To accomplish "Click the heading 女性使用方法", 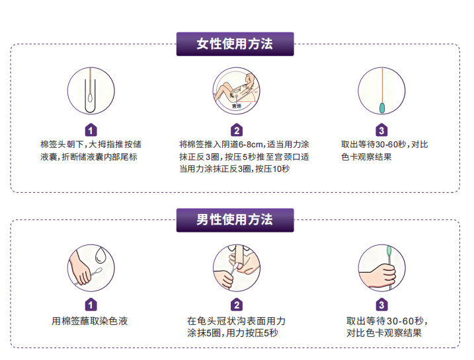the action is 235,44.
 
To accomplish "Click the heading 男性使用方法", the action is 235,220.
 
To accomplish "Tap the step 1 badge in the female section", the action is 91,130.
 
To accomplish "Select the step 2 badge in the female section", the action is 237,130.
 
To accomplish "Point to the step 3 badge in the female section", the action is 381,130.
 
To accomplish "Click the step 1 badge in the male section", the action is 91,305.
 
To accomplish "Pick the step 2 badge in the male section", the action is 237,305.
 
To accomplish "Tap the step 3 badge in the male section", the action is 381,305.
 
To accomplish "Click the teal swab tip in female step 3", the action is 382,108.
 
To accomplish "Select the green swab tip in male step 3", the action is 389,251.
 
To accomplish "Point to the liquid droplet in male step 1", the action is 100,256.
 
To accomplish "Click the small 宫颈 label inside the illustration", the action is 237,106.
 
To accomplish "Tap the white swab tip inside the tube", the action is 90,98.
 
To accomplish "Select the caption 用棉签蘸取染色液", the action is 90,321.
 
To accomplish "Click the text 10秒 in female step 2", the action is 281,169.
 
